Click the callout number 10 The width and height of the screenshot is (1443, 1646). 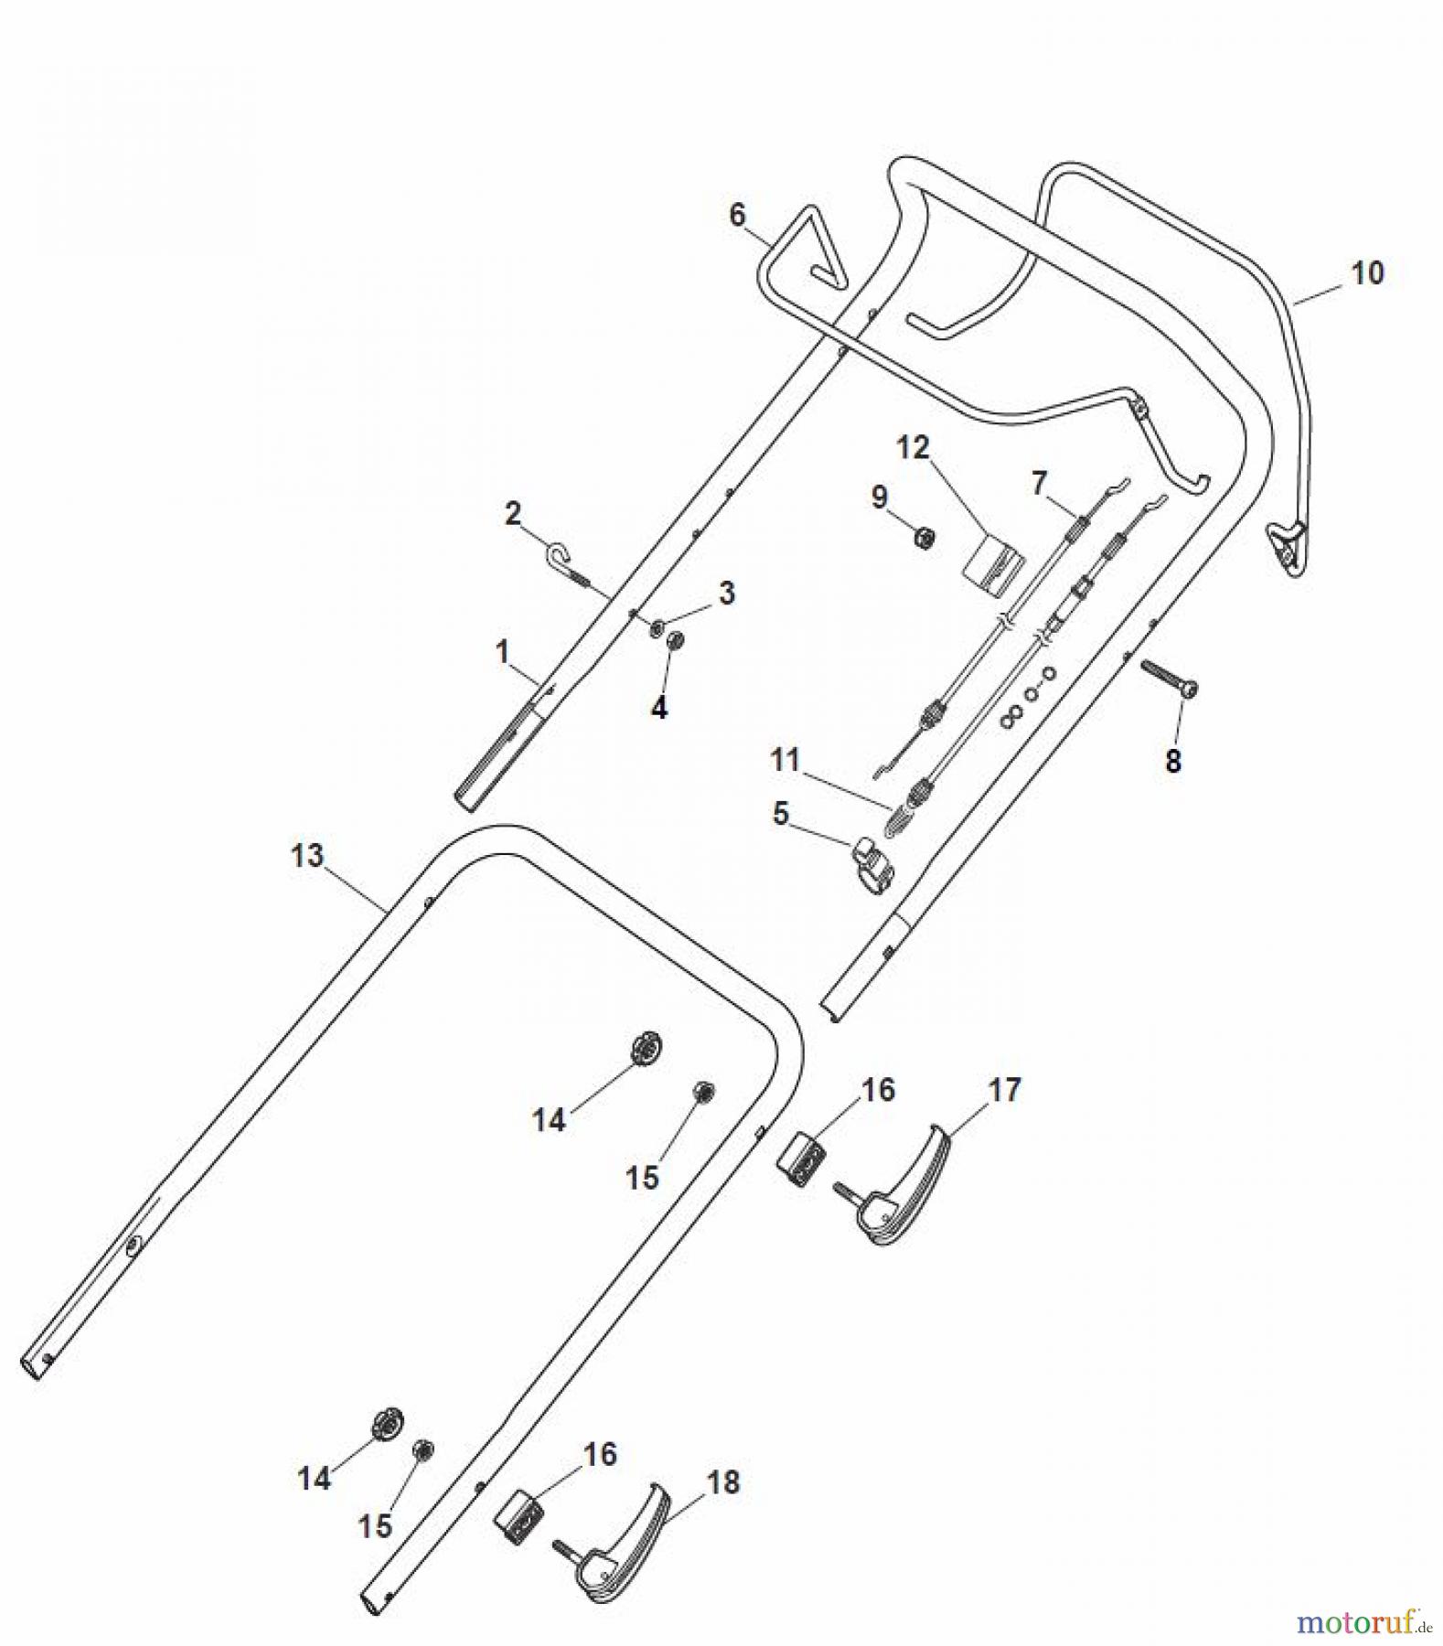tap(1367, 273)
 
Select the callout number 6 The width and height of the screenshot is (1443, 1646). tap(737, 215)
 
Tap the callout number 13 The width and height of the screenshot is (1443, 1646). tap(307, 856)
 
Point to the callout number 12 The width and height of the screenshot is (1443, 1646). tap(913, 447)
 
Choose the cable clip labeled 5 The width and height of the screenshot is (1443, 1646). tap(872, 862)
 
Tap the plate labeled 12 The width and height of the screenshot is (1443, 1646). tap(993, 559)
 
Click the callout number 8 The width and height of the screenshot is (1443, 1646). tap(1173, 760)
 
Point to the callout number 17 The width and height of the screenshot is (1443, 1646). tap(1003, 1090)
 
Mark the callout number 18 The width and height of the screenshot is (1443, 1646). tap(723, 1482)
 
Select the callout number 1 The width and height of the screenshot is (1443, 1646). tap(501, 652)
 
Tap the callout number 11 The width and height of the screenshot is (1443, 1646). tap(785, 760)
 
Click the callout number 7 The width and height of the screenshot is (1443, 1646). tap(1038, 483)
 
